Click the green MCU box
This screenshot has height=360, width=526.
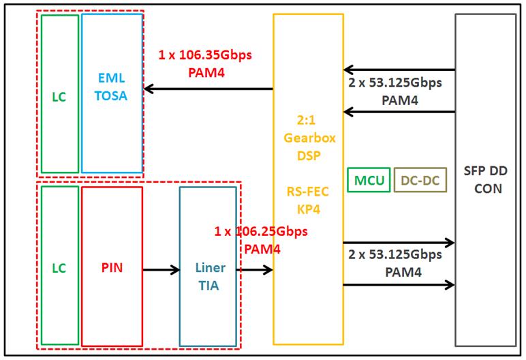coord(368,181)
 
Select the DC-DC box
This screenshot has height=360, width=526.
coord(420,181)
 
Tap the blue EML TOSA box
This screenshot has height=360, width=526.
coord(112,93)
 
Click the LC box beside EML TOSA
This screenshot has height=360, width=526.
coord(59,93)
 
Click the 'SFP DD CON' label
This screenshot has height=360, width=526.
coord(485,181)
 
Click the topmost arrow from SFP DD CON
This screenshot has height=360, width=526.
coord(399,70)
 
